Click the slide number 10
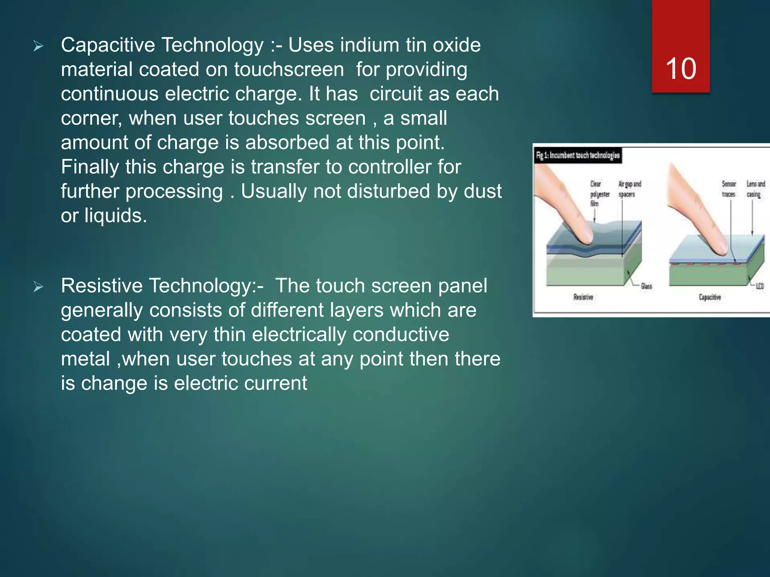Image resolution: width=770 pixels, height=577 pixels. [x=681, y=69]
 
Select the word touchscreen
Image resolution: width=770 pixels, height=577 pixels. [x=289, y=69]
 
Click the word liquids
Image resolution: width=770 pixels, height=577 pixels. [x=115, y=216]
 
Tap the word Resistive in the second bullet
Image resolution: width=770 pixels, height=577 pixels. [x=102, y=286]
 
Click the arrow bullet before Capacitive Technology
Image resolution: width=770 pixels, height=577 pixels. [x=38, y=46]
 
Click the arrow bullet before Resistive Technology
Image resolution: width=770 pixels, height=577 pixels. [x=38, y=287]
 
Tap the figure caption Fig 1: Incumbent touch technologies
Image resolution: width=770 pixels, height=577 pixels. [x=578, y=156]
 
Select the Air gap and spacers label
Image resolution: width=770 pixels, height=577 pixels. [x=630, y=189]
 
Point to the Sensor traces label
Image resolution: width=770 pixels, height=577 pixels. [x=729, y=189]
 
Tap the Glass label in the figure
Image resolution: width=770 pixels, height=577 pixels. [x=646, y=286]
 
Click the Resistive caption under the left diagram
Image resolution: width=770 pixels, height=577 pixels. [x=583, y=297]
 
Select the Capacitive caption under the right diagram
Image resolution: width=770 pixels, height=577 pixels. [x=710, y=297]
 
